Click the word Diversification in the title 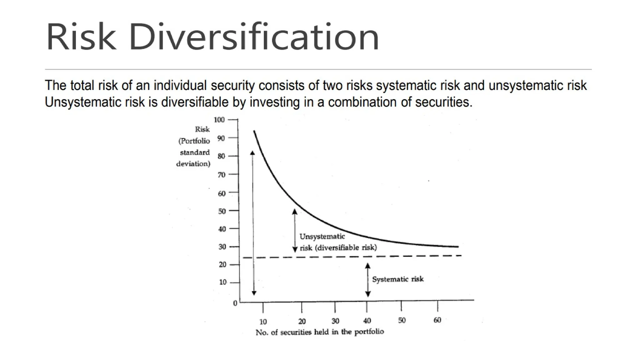254,37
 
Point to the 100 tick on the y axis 219,120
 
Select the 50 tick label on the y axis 222,211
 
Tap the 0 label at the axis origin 235,303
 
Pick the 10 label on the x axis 263,322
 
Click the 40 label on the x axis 367,321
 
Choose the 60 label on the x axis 437,320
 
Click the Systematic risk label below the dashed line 398,279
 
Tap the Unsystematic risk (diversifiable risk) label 338,242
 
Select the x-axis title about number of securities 319,332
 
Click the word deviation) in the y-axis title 193,164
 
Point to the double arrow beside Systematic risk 368,280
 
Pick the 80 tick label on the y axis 221,156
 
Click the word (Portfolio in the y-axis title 194,141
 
